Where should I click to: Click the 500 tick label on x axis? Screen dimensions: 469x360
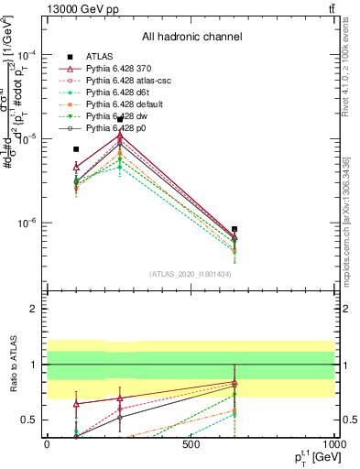point(191,444)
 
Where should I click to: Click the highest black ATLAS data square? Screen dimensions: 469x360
point(120,119)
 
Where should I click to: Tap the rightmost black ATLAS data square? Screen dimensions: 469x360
point(235,229)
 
